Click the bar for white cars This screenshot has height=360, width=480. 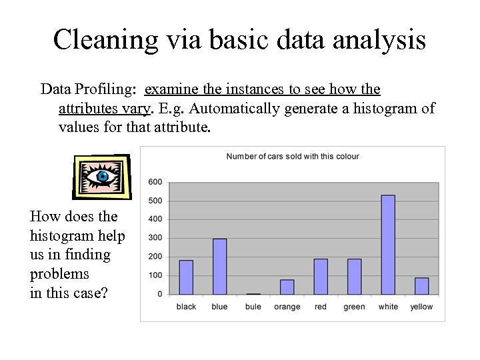click(388, 245)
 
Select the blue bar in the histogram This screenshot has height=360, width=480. click(219, 267)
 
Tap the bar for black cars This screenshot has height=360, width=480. click(186, 277)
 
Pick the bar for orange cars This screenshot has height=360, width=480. click(287, 287)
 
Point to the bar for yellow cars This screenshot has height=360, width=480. click(421, 286)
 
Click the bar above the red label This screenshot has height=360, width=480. click(321, 277)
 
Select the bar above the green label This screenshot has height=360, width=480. click(354, 277)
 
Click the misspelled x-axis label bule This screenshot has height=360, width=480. click(253, 307)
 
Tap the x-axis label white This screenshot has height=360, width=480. click(388, 307)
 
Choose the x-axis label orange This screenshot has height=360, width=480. click(287, 307)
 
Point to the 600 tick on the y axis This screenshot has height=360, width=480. click(155, 182)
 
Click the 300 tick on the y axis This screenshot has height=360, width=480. click(155, 238)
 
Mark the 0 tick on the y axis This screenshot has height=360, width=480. click(159, 294)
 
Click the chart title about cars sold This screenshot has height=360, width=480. click(293, 157)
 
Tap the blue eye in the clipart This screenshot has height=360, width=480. click(102, 177)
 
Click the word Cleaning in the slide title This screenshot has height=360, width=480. click(105, 40)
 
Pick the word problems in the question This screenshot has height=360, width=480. click(59, 274)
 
